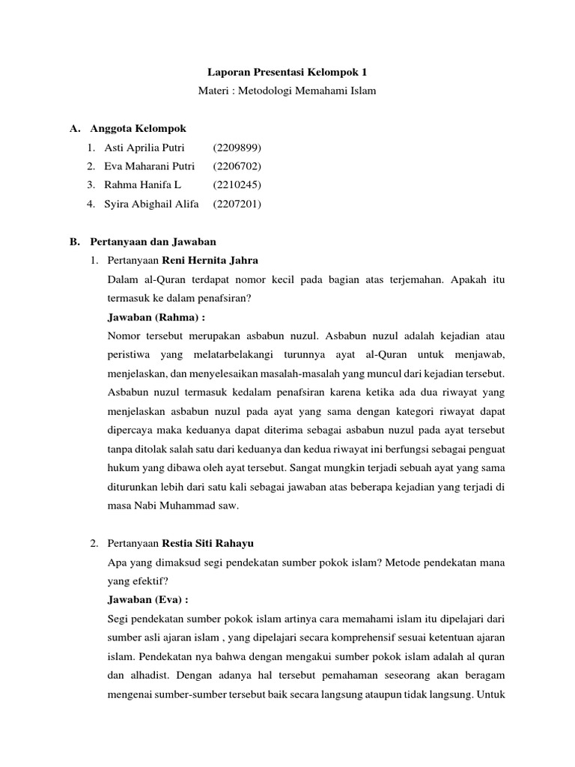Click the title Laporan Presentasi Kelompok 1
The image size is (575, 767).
coord(287,73)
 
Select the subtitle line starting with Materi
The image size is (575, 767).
coord(287,91)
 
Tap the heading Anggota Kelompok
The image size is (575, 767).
coord(138,129)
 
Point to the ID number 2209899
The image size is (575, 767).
coord(237,148)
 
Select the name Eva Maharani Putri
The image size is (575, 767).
coord(149,166)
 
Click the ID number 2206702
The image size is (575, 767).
coord(237,166)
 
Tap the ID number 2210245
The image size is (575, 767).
coord(237,185)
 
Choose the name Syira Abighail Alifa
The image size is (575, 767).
coord(151,204)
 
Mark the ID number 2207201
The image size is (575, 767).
coord(237,204)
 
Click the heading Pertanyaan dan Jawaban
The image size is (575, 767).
coord(153,242)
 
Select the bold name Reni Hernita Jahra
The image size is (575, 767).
coord(210,261)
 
